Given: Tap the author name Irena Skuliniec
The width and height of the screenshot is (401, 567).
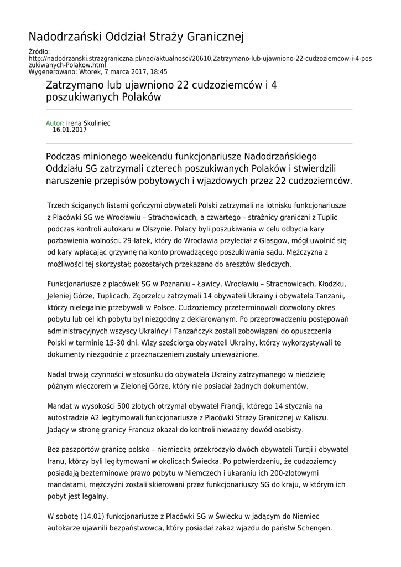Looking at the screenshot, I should point(88,123).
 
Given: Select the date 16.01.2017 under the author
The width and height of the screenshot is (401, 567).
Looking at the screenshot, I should point(70,130).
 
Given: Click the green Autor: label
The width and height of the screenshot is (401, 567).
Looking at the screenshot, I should point(55,123).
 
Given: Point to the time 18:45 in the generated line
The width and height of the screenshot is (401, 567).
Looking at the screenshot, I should point(159,72).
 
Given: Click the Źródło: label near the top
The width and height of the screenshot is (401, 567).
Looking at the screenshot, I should point(39,51).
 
